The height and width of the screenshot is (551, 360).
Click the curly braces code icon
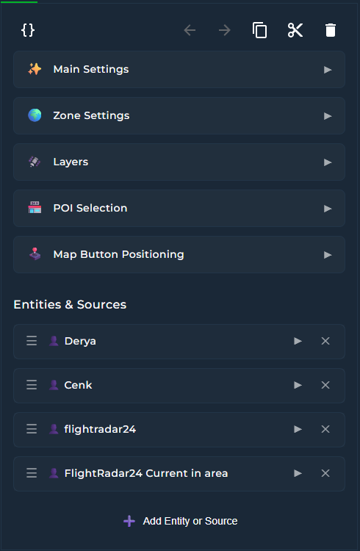tap(28, 30)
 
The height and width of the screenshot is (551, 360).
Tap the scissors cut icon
tap(295, 30)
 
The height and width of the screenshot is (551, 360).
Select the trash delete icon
tap(331, 30)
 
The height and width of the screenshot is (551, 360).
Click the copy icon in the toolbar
tap(260, 30)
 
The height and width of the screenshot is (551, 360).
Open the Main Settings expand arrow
tap(328, 70)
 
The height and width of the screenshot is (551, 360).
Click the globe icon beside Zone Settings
tap(35, 115)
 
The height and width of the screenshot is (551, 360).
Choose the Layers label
tap(71, 162)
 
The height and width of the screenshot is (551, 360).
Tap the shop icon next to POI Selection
tap(35, 208)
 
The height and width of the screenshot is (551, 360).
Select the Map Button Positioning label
tap(118, 254)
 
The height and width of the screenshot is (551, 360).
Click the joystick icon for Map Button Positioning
tap(35, 253)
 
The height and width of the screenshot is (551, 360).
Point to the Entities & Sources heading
tap(70, 304)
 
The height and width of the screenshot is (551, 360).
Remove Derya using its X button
tap(325, 341)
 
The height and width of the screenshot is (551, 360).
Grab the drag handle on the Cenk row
tap(32, 385)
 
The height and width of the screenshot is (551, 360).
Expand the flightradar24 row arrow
tap(298, 429)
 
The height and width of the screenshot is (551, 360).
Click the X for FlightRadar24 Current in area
tap(325, 473)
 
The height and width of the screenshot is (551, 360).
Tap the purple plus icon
tap(129, 521)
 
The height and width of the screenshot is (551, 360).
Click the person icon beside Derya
tap(54, 341)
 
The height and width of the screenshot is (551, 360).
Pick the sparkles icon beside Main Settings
tap(35, 69)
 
